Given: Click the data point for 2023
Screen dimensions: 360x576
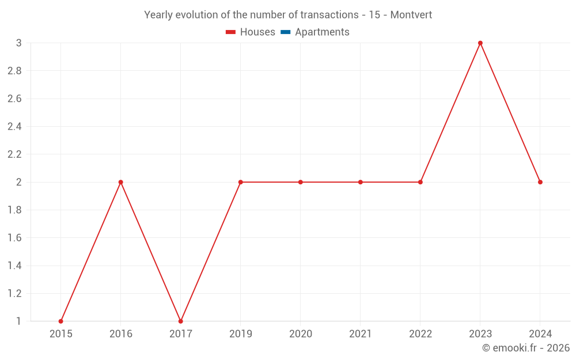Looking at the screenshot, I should pyautogui.click(x=480, y=43).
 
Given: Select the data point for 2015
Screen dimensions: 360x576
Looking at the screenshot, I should pyautogui.click(x=60, y=321).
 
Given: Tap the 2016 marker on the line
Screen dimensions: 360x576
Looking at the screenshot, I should pyautogui.click(x=121, y=182).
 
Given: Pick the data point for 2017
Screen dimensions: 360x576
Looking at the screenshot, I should pyautogui.click(x=181, y=321).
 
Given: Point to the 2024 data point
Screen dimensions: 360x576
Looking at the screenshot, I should pyautogui.click(x=540, y=182).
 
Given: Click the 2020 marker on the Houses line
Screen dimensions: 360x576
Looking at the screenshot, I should pyautogui.click(x=301, y=182).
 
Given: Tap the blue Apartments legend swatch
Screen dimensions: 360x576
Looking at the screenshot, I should pyautogui.click(x=285, y=32).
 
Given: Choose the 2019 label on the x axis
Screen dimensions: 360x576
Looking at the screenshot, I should pyautogui.click(x=241, y=334).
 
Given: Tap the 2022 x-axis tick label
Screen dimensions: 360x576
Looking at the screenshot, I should pyautogui.click(x=420, y=334).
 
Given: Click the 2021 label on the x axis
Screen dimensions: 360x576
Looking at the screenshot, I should pyautogui.click(x=361, y=334).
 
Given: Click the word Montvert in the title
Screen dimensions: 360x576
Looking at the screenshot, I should pyautogui.click(x=411, y=15).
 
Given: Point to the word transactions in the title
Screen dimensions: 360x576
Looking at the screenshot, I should pyautogui.click(x=329, y=15).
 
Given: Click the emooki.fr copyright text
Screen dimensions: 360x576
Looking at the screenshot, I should pyautogui.click(x=526, y=348).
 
